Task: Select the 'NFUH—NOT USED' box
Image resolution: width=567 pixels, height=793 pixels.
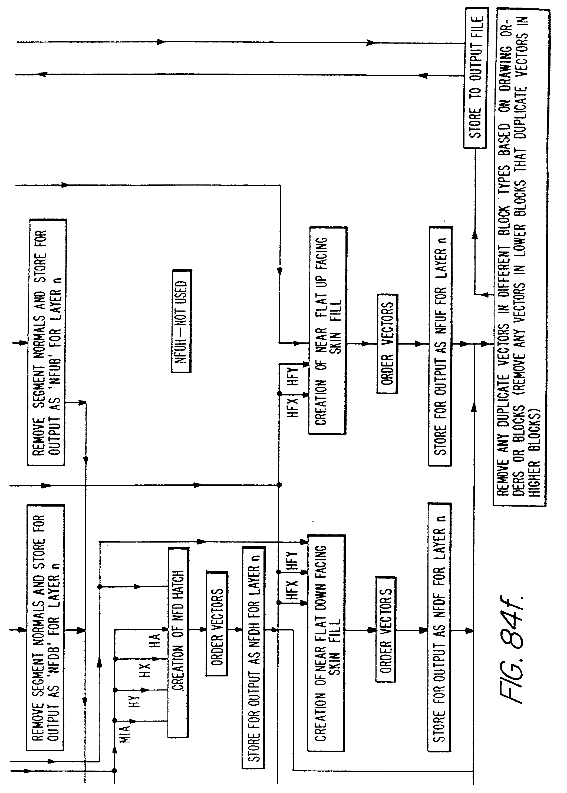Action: (x=181, y=321)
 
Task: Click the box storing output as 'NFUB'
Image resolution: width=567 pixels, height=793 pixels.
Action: (x=47, y=342)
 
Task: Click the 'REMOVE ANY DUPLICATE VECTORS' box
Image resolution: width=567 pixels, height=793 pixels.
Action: (x=519, y=258)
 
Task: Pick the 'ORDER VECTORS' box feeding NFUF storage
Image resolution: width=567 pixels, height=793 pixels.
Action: (x=387, y=344)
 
